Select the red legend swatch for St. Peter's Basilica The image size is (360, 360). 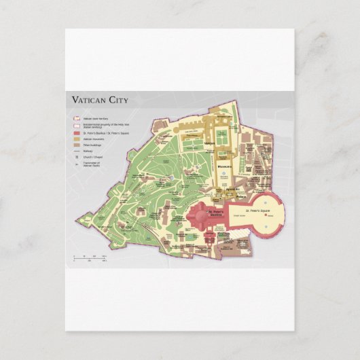coord(77,134)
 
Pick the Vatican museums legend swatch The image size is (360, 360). coord(77,139)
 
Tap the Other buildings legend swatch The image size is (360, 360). coord(77,145)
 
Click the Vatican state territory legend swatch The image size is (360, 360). coord(77,119)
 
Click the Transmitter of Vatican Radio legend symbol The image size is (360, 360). coord(77,163)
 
